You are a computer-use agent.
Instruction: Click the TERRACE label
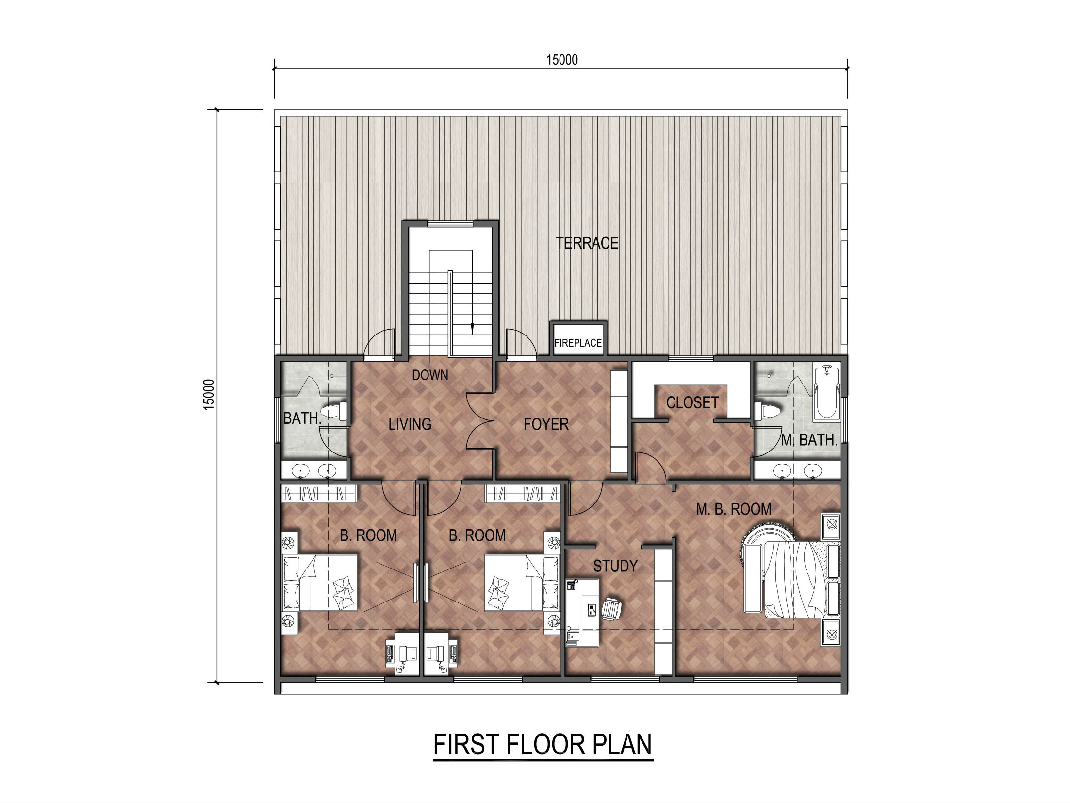point(587,243)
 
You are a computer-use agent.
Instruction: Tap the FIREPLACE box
point(578,339)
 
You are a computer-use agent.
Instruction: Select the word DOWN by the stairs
point(430,375)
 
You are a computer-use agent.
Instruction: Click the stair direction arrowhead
point(472,328)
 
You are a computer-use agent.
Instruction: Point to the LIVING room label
point(410,424)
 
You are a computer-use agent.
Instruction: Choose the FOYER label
point(546,424)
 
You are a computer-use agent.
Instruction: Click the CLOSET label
point(692,402)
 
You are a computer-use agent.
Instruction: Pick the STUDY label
point(615,566)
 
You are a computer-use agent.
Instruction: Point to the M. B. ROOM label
point(734,509)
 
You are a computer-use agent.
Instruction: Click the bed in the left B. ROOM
point(320,583)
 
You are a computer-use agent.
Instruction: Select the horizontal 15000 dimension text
point(562,60)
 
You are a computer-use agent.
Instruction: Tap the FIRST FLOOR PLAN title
point(543,744)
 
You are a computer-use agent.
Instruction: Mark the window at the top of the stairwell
point(450,224)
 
